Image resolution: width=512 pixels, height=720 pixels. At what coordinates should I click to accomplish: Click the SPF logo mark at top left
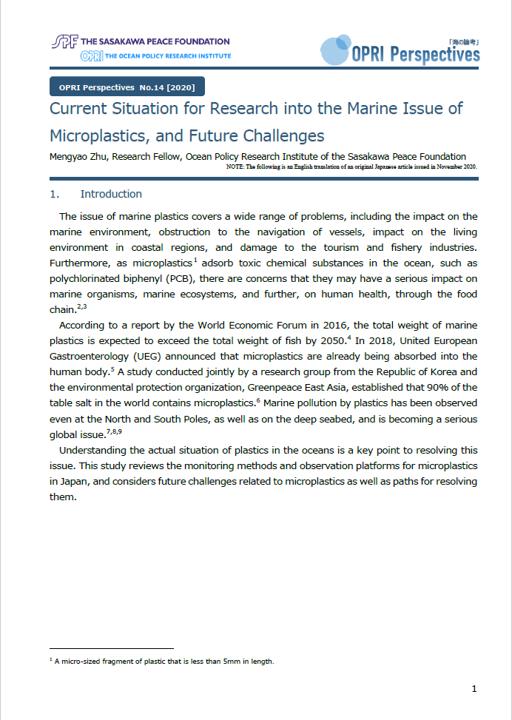click(x=65, y=41)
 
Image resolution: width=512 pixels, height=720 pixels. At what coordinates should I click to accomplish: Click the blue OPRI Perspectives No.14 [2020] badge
click(x=127, y=87)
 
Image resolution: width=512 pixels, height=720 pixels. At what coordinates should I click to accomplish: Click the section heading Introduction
click(x=111, y=194)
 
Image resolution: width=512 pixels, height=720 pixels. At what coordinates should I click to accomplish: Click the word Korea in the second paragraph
click(x=441, y=372)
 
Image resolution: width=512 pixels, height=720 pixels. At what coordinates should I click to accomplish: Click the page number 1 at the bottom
click(x=474, y=689)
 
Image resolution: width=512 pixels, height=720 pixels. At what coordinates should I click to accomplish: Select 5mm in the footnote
click(x=222, y=662)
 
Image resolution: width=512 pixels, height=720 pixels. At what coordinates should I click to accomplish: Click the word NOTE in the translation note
click(x=235, y=166)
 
